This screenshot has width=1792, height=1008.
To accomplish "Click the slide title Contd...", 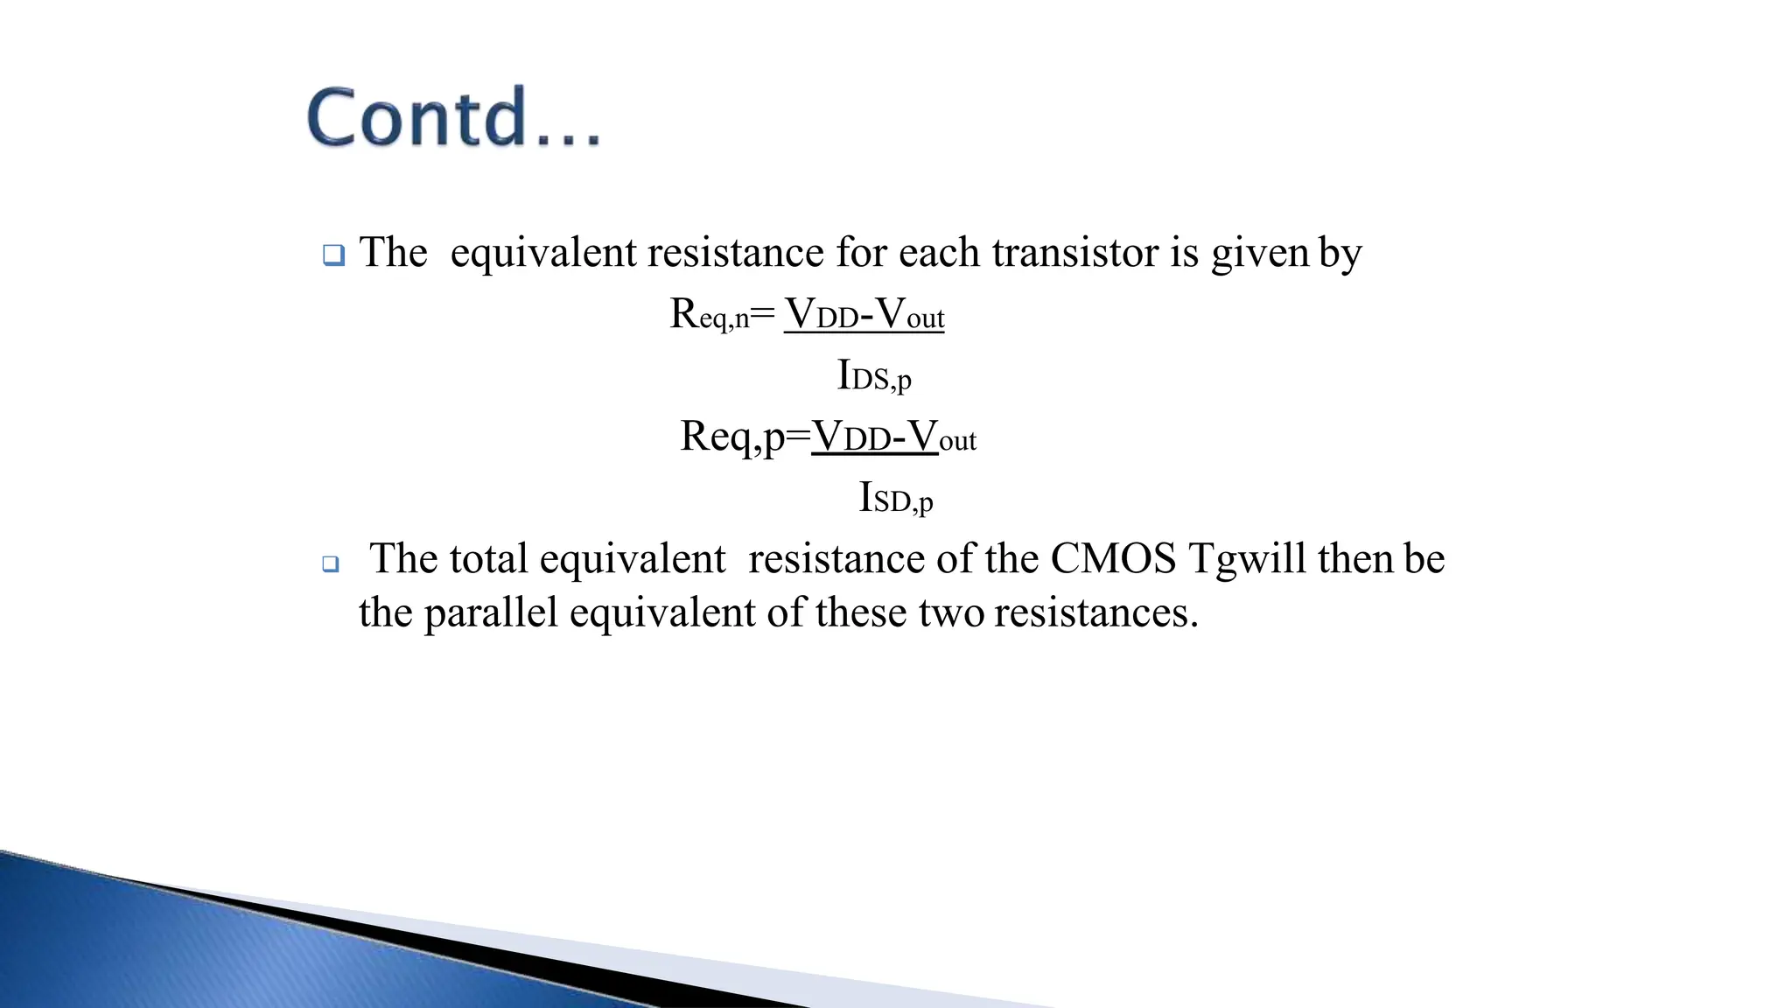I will (453, 117).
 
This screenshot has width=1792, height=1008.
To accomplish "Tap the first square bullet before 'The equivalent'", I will (333, 255).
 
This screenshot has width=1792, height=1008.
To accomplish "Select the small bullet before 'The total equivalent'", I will (330, 564).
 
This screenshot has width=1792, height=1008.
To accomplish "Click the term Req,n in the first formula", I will (710, 314).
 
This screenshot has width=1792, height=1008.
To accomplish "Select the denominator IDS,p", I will (874, 376).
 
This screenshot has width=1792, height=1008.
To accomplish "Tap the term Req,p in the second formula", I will (732, 437).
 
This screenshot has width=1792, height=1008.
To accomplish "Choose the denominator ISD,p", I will (896, 499).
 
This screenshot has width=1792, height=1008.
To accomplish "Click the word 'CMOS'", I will (1113, 559).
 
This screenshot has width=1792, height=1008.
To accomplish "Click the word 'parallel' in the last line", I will (491, 612).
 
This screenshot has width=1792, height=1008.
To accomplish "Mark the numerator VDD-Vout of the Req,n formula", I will (864, 314).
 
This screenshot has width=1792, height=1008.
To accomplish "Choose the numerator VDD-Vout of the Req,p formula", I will (893, 437).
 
